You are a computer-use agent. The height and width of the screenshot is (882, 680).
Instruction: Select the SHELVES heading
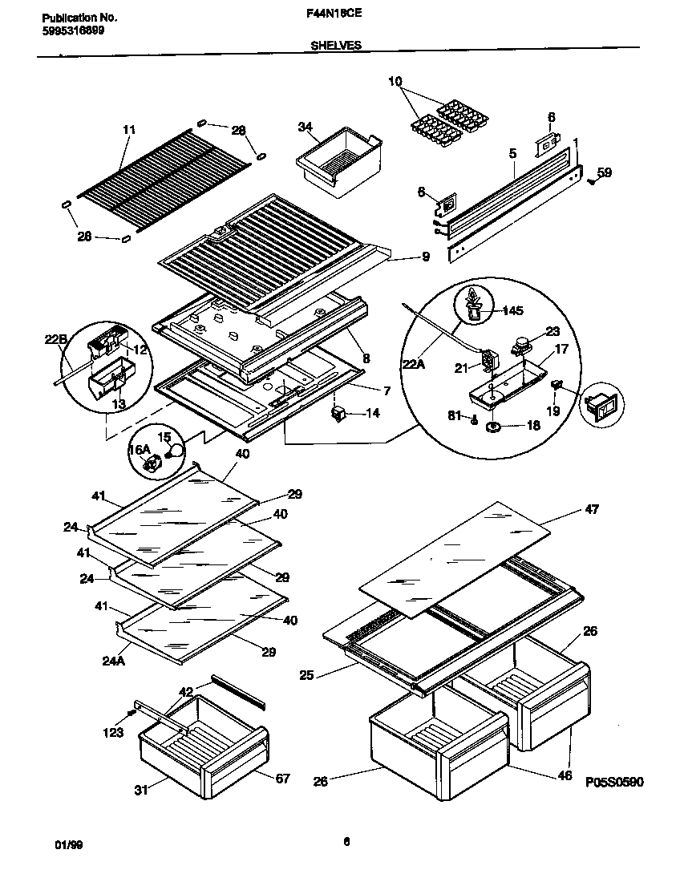coord(335,47)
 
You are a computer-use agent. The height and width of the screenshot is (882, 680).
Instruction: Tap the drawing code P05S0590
coord(613,783)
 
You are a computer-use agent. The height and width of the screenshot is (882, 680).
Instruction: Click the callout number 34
coord(305,127)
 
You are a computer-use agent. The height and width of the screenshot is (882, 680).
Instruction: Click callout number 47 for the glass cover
coord(592,509)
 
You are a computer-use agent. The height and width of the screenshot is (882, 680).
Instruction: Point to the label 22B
coord(55,339)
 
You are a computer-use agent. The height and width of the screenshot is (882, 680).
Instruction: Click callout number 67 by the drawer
coord(282,779)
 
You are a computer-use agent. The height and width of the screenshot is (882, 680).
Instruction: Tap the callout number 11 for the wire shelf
coord(129,130)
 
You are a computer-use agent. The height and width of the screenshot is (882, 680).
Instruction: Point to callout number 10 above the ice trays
coord(395,81)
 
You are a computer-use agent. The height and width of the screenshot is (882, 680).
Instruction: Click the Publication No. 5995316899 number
coord(72,30)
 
